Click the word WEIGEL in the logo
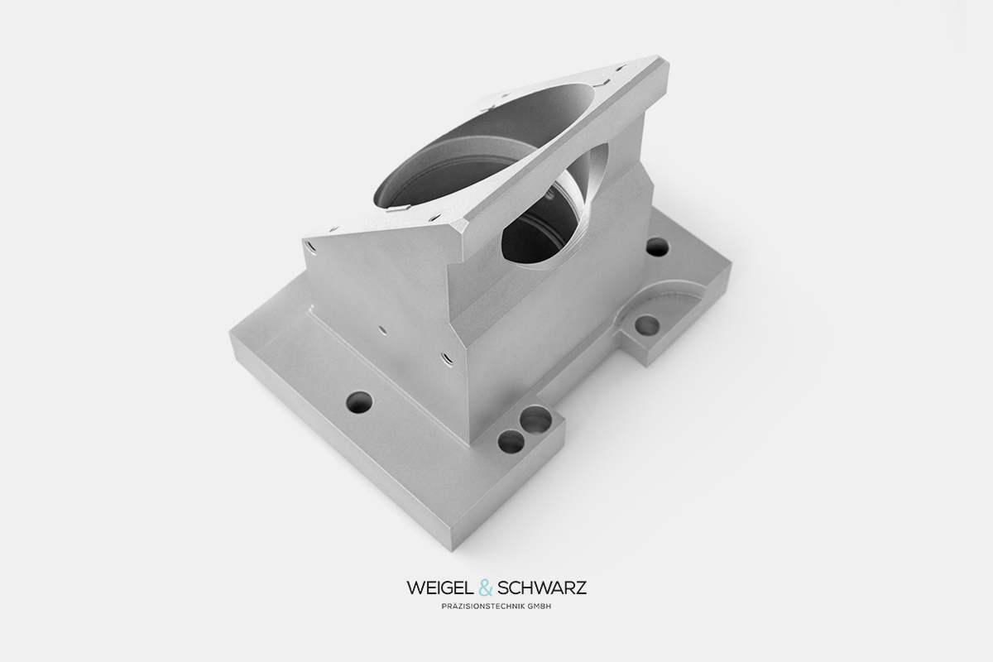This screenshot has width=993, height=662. coord(440,588)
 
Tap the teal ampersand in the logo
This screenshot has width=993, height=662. coord(486,588)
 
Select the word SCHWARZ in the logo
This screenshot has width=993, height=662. coord(542,588)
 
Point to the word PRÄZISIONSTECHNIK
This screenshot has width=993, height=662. coord(483,607)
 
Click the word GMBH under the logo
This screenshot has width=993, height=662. coord(540,607)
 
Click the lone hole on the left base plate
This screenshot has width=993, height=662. coord(359,401)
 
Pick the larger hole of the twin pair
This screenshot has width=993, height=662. coord(535,419)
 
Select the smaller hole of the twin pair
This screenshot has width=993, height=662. coord(511,441)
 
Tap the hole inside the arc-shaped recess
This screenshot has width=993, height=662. coord(647,326)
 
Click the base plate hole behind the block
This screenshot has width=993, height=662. coord(657,247)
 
